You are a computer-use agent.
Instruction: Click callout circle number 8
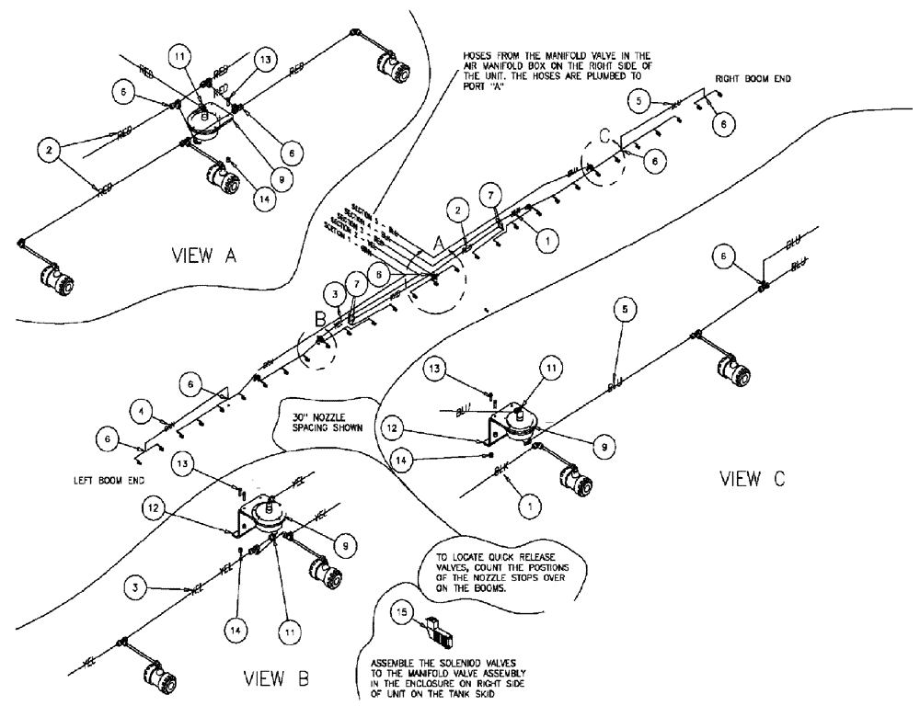point(378,273)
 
